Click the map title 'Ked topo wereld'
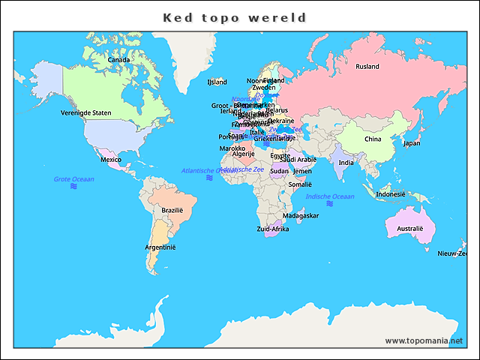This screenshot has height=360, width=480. pos(235,17)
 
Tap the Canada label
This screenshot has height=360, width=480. pos(118,60)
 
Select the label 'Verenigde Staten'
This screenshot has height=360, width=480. pos(85,112)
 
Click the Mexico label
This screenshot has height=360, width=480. pos(111,160)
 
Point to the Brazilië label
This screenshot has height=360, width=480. pos(172,211)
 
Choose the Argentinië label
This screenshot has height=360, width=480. pos(160,247)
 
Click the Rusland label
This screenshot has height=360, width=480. pos(367,67)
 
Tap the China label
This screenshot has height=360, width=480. pos(373,139)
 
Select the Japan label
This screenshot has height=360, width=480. pos(412,143)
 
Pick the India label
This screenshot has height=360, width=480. pos(346,163)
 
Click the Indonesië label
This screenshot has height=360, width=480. pos(390,193)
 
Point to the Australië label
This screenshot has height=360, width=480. pos(409,228)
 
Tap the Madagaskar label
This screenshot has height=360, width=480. pos(301,215)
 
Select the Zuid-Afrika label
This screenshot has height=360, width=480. pos(272,229)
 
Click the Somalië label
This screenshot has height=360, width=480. pos(300,184)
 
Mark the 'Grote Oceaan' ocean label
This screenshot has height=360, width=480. pos(73,179)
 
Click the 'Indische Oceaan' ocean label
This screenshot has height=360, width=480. pos(330,196)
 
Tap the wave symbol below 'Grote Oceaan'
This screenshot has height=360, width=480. pos(73,187)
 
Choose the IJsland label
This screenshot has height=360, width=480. pos(217,82)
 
